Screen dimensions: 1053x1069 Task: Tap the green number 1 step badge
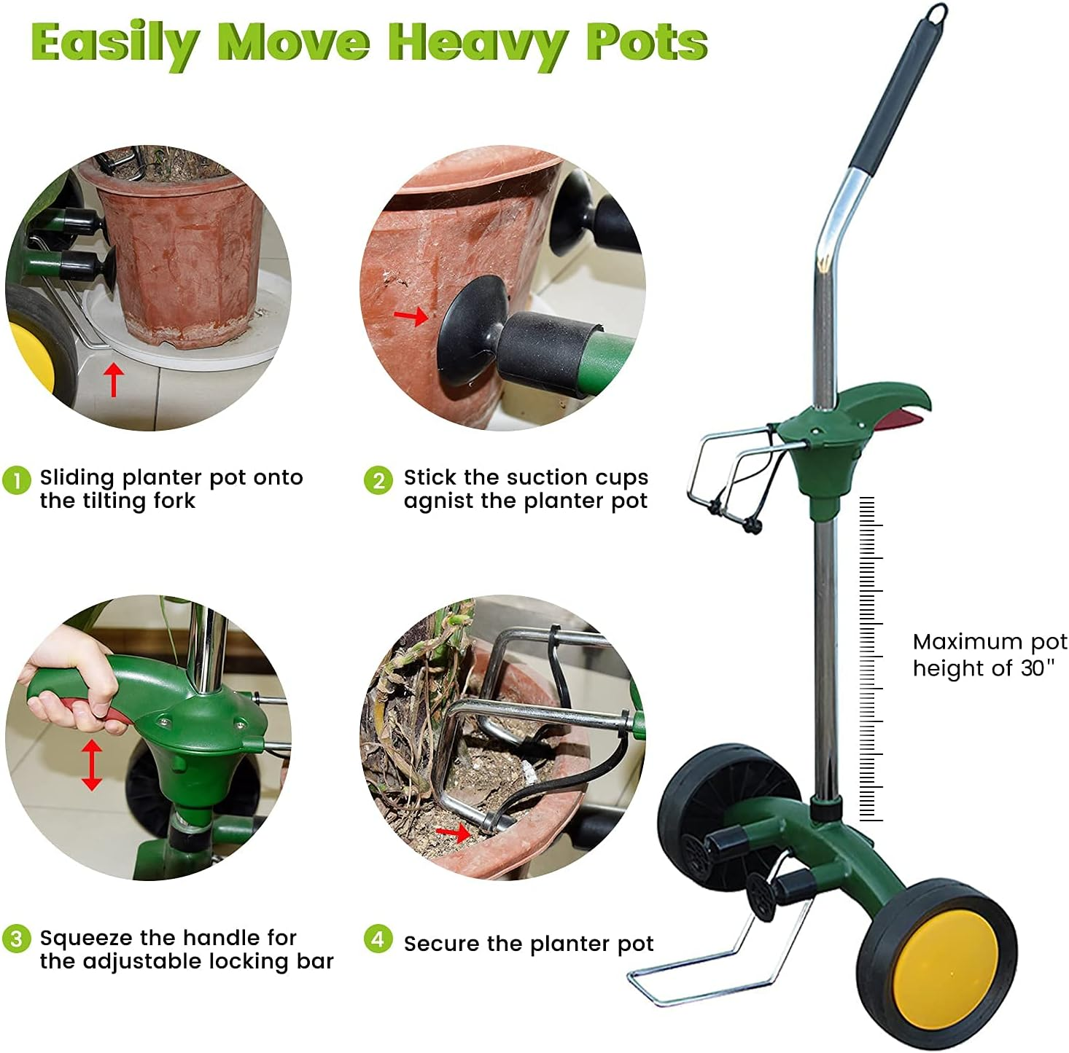16,480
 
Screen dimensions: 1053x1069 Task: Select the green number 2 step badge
378,480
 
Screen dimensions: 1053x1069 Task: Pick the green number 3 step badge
16,938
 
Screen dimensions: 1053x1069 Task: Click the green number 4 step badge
378,939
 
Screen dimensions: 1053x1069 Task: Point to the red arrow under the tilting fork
113,380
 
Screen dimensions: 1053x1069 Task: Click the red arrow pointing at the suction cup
411,316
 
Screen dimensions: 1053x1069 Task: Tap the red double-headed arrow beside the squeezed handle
91,764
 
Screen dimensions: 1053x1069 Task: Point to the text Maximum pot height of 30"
989,654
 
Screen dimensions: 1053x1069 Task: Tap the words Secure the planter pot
528,944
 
